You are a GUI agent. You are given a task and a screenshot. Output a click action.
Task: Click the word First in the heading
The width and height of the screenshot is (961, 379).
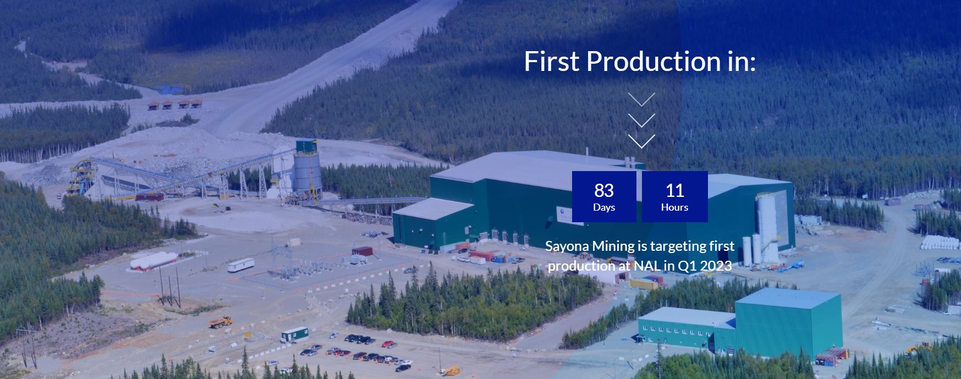pos(552,61)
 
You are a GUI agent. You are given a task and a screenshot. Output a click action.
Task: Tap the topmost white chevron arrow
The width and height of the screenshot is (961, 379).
pos(641,100)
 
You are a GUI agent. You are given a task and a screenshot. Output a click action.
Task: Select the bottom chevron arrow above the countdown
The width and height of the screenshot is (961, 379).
pos(641,141)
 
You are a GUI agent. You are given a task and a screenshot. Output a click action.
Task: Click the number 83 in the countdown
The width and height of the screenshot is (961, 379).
pos(604,190)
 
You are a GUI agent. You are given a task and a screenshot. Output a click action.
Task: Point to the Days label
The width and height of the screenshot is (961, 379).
pos(604,207)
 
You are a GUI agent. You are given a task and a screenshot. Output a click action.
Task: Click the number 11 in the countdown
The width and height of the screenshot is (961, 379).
pos(674,190)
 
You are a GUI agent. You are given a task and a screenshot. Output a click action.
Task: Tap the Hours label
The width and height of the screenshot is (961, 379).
pos(674,207)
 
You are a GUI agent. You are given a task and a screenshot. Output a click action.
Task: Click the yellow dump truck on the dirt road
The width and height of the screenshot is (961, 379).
pos(220,322)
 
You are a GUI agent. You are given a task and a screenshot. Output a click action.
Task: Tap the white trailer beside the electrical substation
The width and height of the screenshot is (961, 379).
pos(241,265)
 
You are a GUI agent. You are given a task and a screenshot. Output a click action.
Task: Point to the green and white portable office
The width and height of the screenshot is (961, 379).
pos(294,333)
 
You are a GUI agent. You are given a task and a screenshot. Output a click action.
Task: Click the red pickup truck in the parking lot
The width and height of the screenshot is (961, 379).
pos(389,344)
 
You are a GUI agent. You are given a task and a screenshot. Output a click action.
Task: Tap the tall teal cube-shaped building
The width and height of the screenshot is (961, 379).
pos(788,322)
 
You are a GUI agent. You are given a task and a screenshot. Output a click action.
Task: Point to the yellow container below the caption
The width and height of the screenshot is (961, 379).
pos(644,284)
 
